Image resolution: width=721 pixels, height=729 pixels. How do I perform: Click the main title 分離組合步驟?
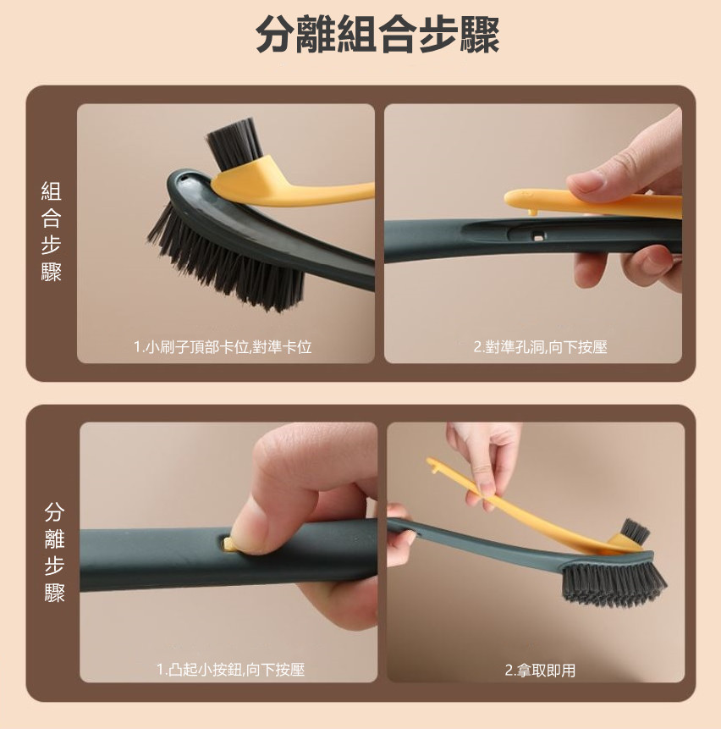(377, 35)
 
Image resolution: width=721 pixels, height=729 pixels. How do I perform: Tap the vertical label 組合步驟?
(51, 231)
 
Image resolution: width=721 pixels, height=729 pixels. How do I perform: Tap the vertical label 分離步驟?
(54, 552)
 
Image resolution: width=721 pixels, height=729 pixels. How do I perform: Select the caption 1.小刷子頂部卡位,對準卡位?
(223, 347)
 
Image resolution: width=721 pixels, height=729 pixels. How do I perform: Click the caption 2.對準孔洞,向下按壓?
(540, 347)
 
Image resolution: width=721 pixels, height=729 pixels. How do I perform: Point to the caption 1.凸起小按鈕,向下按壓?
(230, 670)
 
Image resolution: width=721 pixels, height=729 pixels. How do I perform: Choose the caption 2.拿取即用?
(540, 671)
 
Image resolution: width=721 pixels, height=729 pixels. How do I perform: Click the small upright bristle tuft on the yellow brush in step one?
(234, 143)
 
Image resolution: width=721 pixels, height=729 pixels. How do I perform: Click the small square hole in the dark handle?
(538, 237)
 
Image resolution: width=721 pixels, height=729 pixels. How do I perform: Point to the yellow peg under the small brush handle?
(534, 212)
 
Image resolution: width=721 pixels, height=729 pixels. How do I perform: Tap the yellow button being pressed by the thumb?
(228, 543)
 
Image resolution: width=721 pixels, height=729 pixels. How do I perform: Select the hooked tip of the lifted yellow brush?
(433, 465)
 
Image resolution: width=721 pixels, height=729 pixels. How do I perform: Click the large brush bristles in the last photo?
(614, 586)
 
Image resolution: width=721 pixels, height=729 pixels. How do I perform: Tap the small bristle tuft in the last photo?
(635, 531)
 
